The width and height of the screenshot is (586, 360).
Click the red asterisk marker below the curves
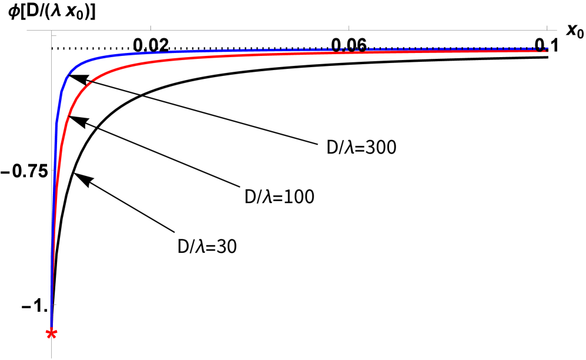coord(52,334)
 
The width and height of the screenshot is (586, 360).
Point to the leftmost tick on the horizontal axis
coord(150,28)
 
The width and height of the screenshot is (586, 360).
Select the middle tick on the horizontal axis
coord(349,28)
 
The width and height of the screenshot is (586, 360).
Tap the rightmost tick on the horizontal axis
coord(547,28)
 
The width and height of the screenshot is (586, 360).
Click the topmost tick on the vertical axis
coord(54,36)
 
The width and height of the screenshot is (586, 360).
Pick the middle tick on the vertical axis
coord(54,171)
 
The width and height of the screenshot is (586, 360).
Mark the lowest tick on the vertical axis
coord(54,305)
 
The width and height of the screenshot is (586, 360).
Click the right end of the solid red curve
coord(548,51)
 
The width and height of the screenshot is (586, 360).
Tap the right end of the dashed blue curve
coord(548,48)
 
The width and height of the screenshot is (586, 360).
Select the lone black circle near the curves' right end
coord(539,48)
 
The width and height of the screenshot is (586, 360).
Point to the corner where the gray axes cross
coord(52,31)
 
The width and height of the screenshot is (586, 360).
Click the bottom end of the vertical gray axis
coord(52,358)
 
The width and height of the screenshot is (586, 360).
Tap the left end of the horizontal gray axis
coord(27,31)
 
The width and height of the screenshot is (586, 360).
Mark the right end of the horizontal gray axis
coord(556,31)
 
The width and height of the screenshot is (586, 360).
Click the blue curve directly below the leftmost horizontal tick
coord(150,52)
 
